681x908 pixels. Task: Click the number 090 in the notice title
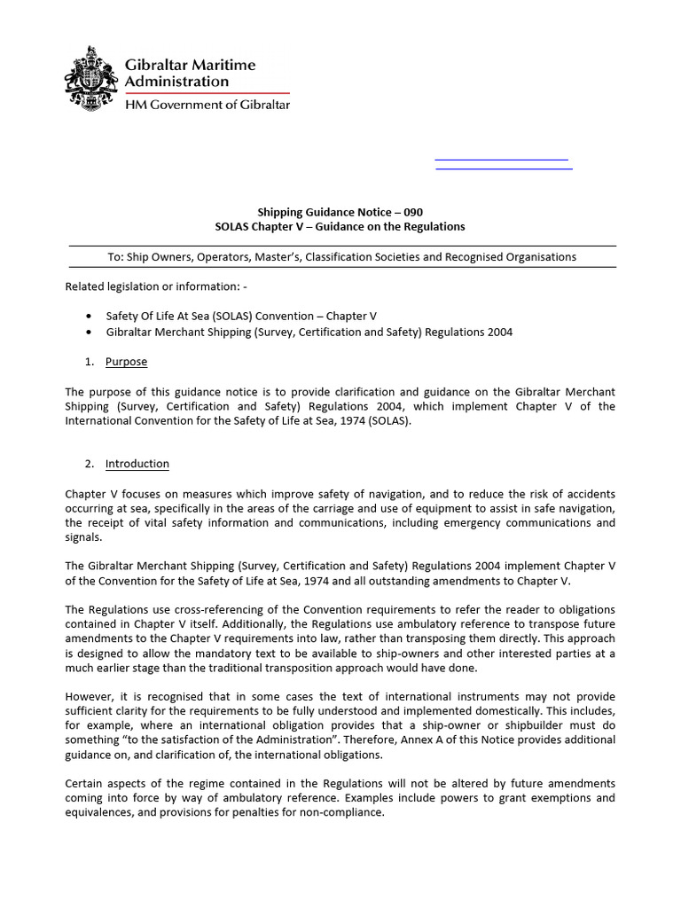(x=411, y=212)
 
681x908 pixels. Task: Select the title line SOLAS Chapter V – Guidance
(x=340, y=226)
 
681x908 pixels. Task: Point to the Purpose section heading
(x=126, y=362)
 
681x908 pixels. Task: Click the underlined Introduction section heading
(x=137, y=464)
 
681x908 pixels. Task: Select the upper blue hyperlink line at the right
(x=501, y=159)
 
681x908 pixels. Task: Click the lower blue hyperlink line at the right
(x=504, y=167)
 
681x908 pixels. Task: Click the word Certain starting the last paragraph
(x=85, y=784)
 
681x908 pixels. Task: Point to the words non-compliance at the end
(x=345, y=813)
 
